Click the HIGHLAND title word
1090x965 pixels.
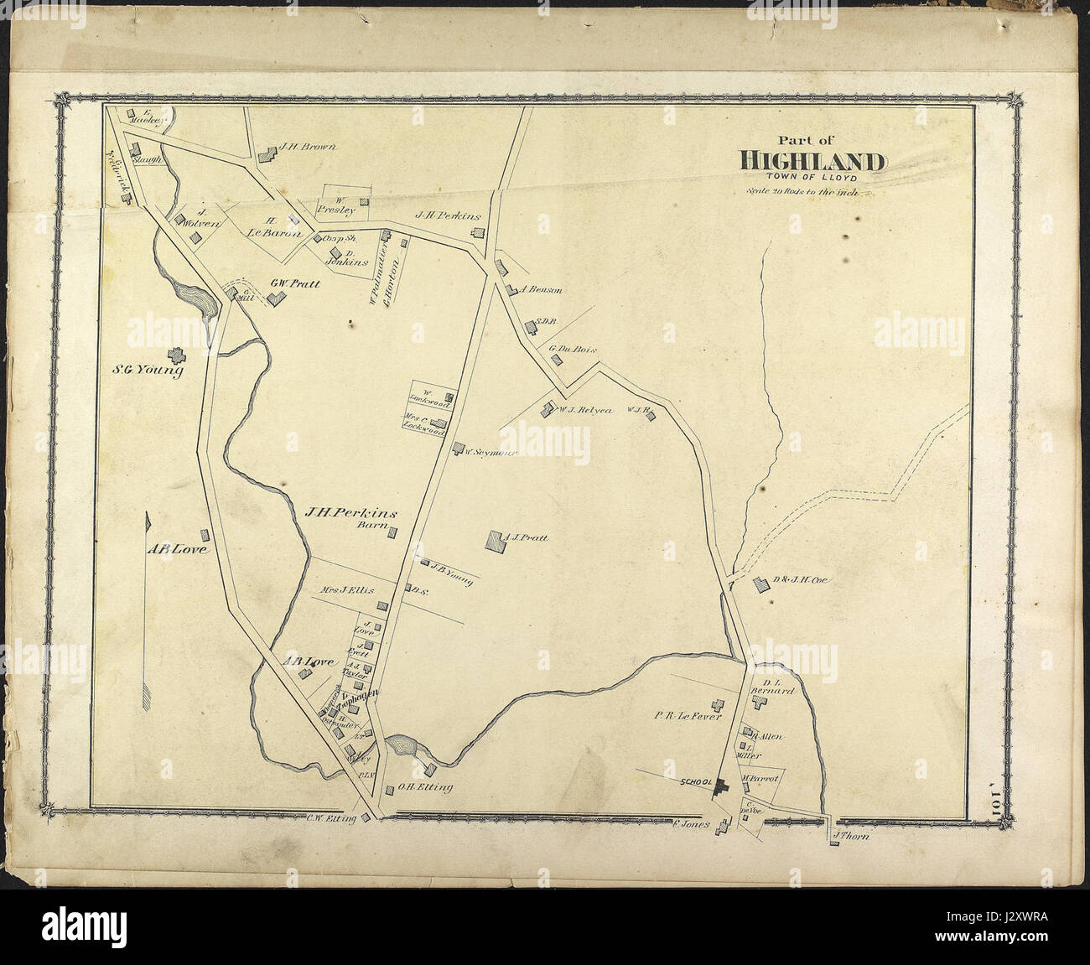tap(811, 160)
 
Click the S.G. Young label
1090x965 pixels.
tap(148, 370)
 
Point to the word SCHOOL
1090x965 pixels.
tap(695, 781)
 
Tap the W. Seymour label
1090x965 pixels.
tap(489, 453)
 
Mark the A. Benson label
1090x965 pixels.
tap(541, 291)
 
